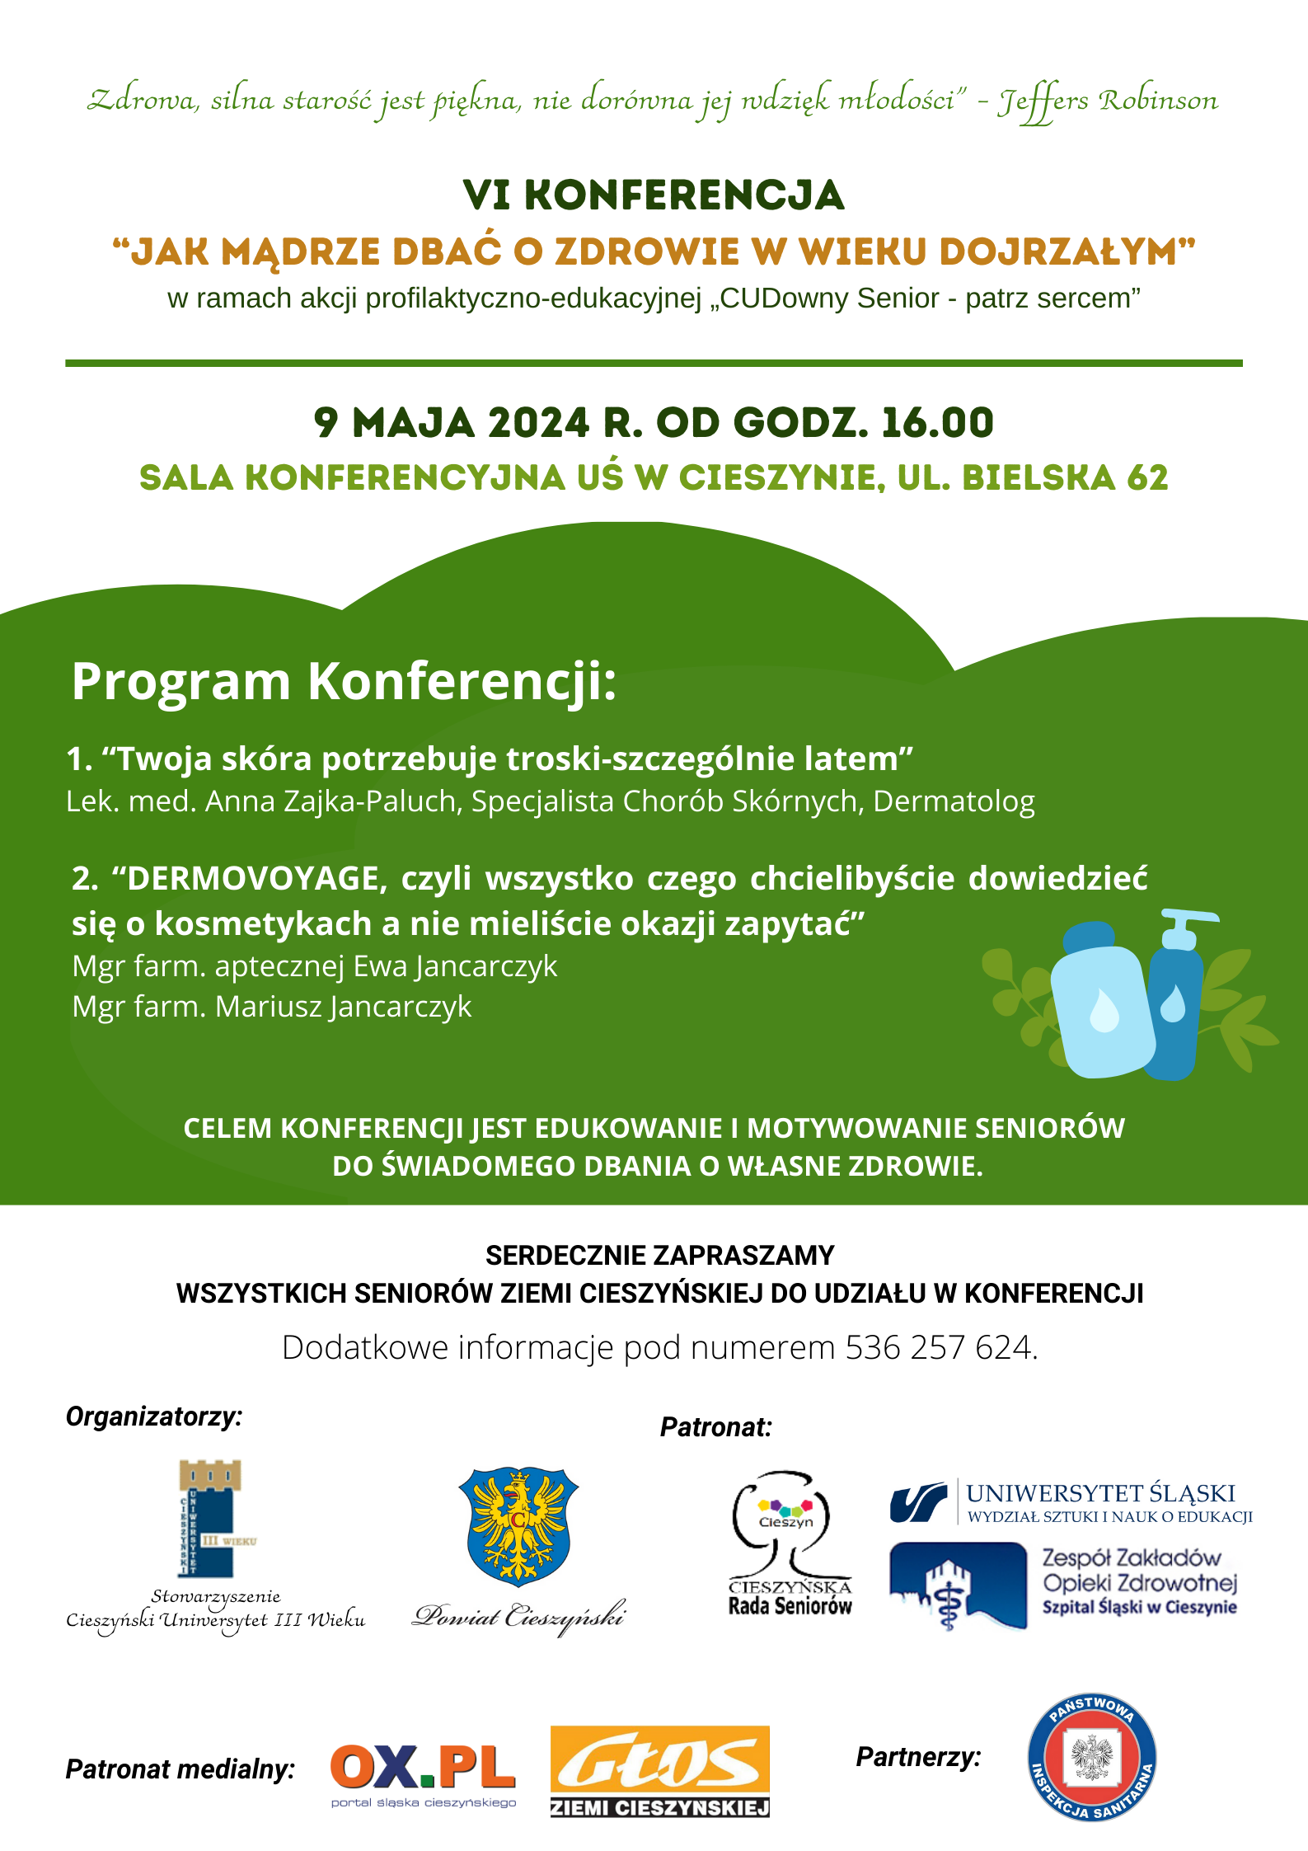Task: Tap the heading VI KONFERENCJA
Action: [653, 195]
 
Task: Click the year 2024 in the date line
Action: [538, 423]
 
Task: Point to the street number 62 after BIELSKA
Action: [1147, 478]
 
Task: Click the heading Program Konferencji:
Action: [344, 682]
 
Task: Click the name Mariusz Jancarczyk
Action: [343, 1007]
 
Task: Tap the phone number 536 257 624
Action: [938, 1347]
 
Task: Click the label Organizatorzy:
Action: [154, 1416]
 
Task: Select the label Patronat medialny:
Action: [180, 1769]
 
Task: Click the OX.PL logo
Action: [423, 1768]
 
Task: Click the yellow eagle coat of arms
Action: [518, 1525]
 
